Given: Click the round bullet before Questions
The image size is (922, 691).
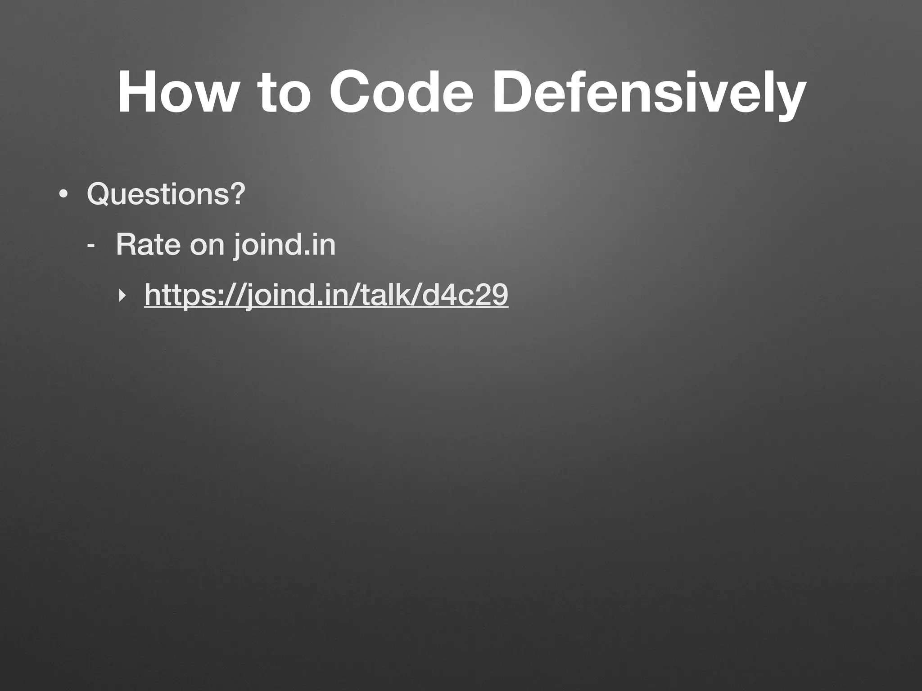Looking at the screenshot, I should (63, 195).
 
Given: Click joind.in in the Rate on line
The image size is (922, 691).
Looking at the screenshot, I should (285, 245).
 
